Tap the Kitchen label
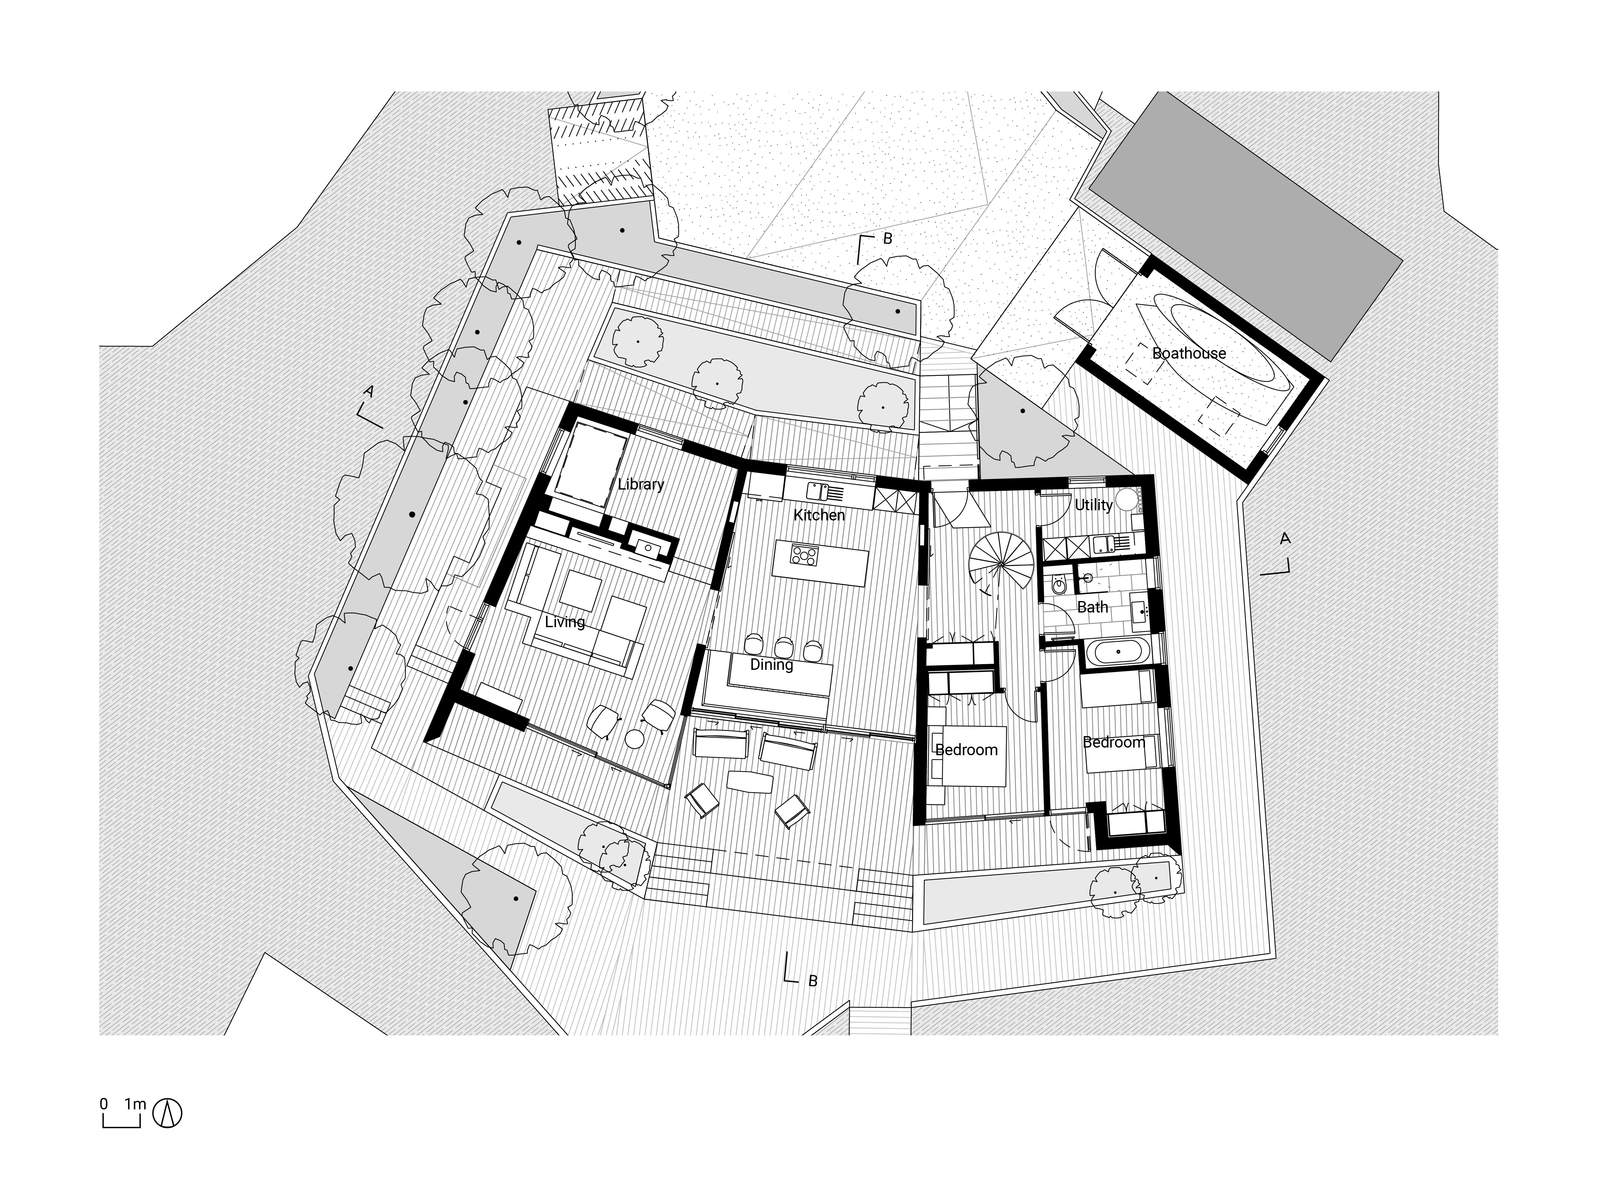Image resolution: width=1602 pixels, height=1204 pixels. [x=819, y=515]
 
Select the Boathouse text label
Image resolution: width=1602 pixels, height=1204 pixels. [x=1189, y=354]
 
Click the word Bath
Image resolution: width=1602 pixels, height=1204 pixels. [x=1093, y=607]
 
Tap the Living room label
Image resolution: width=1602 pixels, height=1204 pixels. [x=565, y=621]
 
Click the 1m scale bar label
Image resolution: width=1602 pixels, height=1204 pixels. [x=135, y=1105]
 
